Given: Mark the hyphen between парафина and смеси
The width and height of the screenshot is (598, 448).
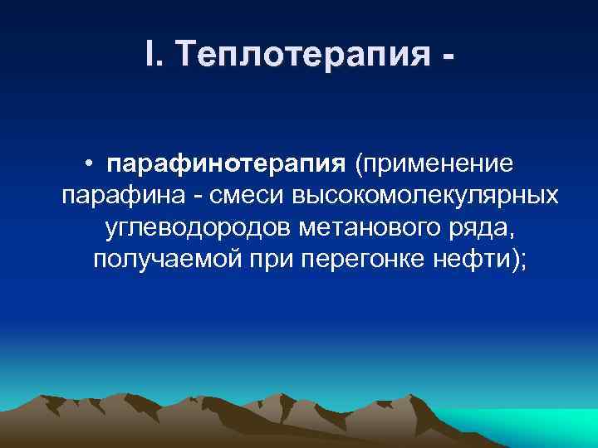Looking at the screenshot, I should coord(192,197).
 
